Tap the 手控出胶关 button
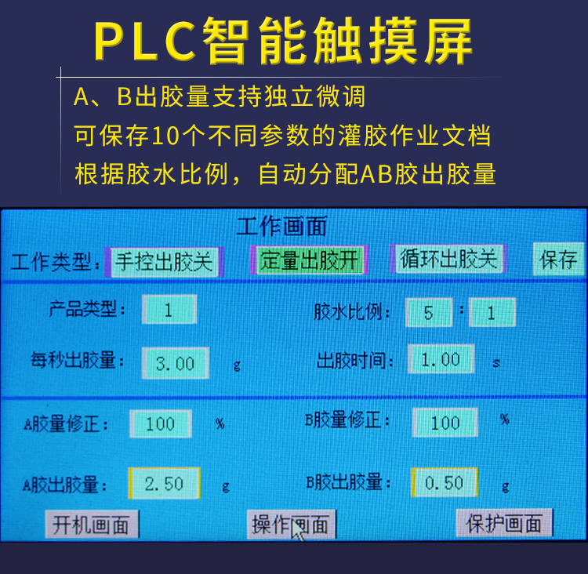(164, 261)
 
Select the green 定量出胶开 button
(309, 260)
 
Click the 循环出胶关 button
(448, 259)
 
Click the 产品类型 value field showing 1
(169, 310)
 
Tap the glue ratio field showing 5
(429, 312)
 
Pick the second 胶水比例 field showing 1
(492, 312)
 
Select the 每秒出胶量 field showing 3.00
(175, 363)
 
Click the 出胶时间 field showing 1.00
(441, 359)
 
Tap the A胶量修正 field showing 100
(161, 423)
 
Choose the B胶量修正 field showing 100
(445, 423)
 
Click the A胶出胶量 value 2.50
(165, 483)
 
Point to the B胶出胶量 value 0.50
(445, 482)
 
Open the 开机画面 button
(92, 524)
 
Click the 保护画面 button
(504, 522)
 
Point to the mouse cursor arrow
(298, 530)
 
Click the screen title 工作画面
(281, 226)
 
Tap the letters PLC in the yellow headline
(145, 40)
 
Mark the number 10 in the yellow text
(165, 135)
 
